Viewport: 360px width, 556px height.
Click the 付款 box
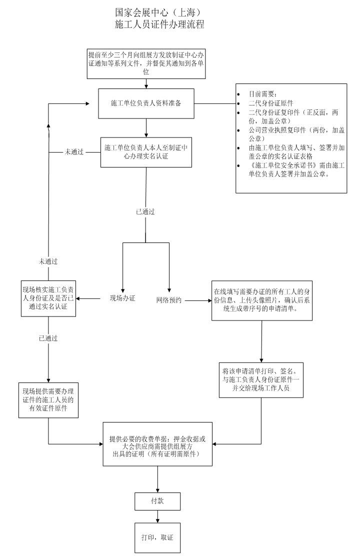click(157, 501)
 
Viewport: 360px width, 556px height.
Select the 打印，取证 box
click(157, 537)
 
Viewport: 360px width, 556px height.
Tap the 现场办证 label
click(122, 299)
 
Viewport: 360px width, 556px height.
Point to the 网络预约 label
click(169, 300)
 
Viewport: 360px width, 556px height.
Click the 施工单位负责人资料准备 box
click(146, 103)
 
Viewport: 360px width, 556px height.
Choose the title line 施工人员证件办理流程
click(159, 24)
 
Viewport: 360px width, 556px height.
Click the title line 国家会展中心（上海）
click(159, 12)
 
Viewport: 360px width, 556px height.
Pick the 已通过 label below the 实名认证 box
click(145, 211)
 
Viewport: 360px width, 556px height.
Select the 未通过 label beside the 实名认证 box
click(74, 151)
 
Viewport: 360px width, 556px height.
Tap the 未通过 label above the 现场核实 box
click(48, 261)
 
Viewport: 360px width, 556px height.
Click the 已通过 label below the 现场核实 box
click(48, 338)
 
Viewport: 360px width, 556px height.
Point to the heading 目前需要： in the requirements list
click(263, 94)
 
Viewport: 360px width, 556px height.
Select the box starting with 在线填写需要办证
click(261, 300)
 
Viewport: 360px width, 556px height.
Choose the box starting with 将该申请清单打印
click(261, 379)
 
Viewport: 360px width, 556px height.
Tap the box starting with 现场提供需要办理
click(48, 400)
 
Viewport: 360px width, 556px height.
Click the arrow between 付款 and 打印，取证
click(157, 516)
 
